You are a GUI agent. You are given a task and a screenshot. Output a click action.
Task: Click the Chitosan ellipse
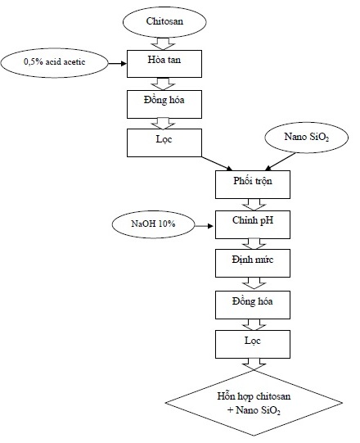[164, 22]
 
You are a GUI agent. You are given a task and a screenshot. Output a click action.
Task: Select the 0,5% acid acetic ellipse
[54, 63]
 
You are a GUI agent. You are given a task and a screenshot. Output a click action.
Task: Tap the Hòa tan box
[164, 64]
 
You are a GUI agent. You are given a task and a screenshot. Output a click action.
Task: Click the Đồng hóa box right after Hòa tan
[164, 104]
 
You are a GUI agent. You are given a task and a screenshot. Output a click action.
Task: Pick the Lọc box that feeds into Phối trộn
[164, 143]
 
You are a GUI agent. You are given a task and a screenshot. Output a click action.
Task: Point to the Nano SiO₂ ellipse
[306, 138]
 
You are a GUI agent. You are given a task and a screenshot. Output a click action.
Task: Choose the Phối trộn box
[253, 184]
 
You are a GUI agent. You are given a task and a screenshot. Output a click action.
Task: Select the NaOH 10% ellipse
[153, 225]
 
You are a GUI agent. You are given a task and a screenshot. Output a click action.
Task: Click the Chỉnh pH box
[253, 224]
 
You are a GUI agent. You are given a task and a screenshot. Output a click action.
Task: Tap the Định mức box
[253, 263]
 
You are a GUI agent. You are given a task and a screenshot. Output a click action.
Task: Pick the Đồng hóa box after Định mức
[253, 305]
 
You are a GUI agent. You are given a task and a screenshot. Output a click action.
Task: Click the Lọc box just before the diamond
[253, 345]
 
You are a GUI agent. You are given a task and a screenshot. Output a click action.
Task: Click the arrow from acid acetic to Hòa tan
[118, 64]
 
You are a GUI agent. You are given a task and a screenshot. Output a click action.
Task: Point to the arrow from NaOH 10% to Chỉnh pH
[204, 226]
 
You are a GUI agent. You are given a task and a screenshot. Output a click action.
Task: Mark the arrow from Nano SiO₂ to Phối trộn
[281, 161]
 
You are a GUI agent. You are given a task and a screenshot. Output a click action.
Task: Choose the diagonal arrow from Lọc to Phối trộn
[217, 163]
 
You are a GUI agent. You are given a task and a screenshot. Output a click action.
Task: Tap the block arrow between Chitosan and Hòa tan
[163, 43]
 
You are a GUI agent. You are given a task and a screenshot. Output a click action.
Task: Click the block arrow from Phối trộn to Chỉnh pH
[254, 205]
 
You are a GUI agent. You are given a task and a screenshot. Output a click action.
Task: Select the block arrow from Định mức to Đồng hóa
[254, 283]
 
